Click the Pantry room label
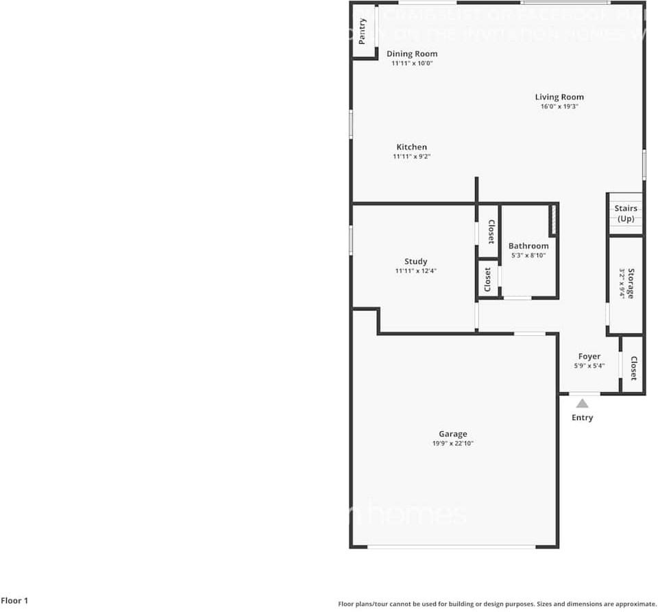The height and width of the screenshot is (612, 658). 363,30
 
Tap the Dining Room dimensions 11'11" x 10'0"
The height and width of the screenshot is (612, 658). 412,63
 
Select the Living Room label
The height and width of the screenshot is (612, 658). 559,97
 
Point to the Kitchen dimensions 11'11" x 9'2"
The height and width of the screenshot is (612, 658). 411,157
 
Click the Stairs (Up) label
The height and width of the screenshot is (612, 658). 626,213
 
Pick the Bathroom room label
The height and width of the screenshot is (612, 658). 528,246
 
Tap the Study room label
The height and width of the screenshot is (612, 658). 415,261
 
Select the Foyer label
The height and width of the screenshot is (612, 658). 589,356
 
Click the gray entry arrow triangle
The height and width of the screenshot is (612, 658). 582,404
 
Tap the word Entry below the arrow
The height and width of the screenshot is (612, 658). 583,417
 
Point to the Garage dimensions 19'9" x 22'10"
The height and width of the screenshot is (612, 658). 453,443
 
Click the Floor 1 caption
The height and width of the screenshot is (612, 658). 14,601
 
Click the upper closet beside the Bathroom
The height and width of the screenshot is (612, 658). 490,232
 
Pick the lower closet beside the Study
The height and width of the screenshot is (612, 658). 487,280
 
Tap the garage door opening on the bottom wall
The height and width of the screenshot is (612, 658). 451,546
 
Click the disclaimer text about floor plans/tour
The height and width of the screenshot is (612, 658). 498,604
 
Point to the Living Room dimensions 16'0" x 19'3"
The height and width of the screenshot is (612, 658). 559,107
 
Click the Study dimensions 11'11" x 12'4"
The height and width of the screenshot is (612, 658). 415,271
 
